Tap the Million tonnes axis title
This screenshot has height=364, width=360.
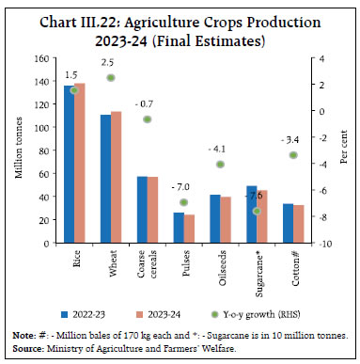pyautogui.click(x=19, y=150)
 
